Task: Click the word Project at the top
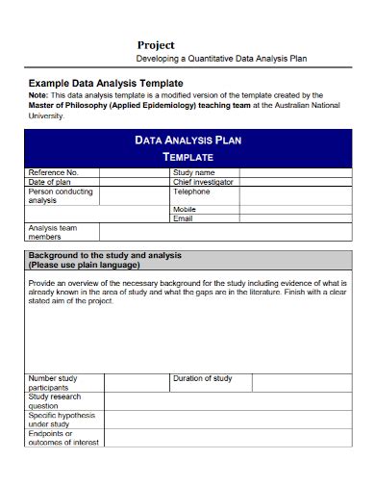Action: (155, 44)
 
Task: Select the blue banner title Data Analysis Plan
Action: (187, 140)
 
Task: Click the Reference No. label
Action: (54, 172)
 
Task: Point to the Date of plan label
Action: (50, 181)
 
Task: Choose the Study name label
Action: (193, 172)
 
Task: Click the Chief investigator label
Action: (203, 181)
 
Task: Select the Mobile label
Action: (185, 209)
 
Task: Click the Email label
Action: (183, 218)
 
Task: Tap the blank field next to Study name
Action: (292, 172)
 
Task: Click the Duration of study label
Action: (202, 378)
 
